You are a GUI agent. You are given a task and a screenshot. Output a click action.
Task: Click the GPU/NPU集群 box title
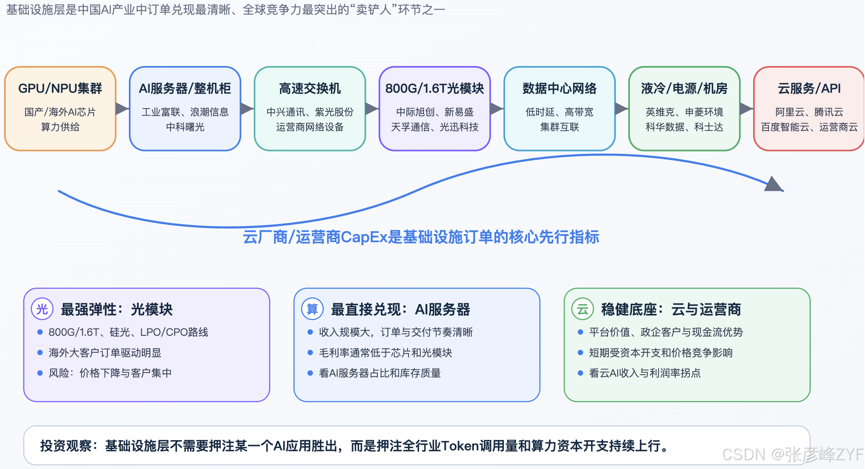tap(60, 88)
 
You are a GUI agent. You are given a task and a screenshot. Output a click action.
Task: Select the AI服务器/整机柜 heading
tap(185, 88)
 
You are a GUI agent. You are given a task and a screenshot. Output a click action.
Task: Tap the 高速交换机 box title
tap(310, 88)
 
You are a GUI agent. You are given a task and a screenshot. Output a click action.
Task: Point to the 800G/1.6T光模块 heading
tap(435, 88)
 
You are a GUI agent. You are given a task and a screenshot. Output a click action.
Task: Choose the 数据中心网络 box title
tap(559, 88)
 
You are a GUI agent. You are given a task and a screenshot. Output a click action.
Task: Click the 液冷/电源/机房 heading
tap(684, 88)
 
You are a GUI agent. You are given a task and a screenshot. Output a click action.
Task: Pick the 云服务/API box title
tap(809, 88)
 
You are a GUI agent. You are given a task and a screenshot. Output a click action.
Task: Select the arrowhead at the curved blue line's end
tap(774, 184)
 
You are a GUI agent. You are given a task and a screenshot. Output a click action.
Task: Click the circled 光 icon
tap(42, 309)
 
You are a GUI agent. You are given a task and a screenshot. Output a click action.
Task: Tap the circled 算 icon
tap(312, 309)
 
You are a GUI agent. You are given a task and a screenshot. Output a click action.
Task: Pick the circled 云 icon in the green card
tap(582, 309)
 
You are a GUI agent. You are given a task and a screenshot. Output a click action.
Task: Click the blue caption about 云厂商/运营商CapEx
tap(421, 237)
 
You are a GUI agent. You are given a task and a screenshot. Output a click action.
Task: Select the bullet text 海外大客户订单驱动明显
tap(105, 353)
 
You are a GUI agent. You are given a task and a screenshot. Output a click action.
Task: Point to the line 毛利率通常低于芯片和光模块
tap(385, 353)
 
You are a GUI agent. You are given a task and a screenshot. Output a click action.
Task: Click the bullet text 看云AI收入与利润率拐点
tap(645, 373)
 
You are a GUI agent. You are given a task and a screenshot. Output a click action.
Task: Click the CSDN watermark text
tap(793, 454)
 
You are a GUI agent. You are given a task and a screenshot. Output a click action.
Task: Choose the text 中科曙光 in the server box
tap(185, 127)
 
